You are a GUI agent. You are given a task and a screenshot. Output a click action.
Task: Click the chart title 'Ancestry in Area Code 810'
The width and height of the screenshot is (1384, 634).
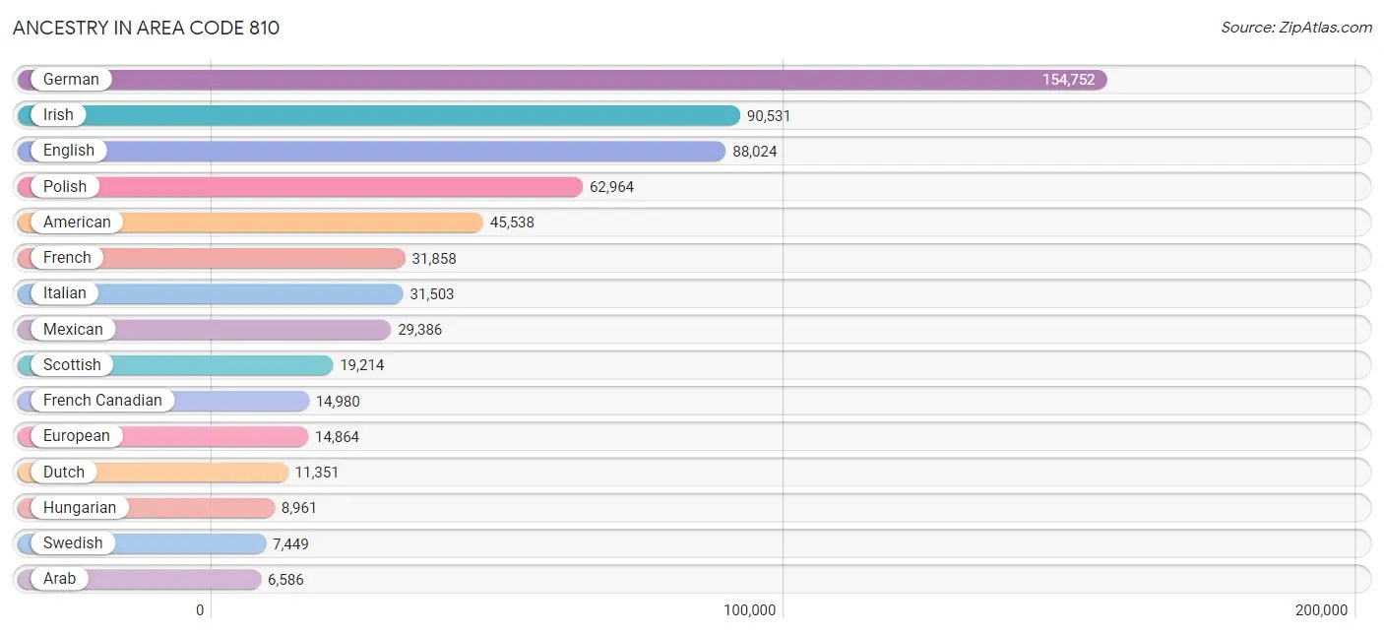pyautogui.click(x=146, y=28)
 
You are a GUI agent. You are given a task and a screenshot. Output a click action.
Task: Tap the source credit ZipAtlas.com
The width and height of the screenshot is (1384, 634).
pyautogui.click(x=1295, y=28)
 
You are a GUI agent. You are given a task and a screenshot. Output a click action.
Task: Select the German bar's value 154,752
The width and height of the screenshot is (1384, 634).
pyautogui.click(x=1068, y=80)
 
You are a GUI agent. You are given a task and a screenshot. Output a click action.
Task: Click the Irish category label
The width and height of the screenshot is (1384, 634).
pyautogui.click(x=58, y=115)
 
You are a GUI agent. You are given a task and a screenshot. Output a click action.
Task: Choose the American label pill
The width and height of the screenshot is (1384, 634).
pyautogui.click(x=77, y=222)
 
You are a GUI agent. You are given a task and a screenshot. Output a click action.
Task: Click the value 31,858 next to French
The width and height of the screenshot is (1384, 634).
pyautogui.click(x=434, y=259)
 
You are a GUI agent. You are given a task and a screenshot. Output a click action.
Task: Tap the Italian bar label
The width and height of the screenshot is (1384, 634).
pyautogui.click(x=65, y=293)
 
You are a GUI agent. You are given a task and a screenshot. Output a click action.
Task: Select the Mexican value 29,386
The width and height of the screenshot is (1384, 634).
pyautogui.click(x=420, y=330)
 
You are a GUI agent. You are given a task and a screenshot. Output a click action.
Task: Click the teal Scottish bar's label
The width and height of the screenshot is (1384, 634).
pyautogui.click(x=72, y=365)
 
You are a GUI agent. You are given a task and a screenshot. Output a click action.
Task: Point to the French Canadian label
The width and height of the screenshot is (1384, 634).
pyautogui.click(x=102, y=401)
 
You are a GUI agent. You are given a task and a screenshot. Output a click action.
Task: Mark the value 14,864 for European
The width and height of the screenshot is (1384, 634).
pyautogui.click(x=338, y=437)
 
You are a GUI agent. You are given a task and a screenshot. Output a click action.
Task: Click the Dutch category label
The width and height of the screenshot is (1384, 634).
pyautogui.click(x=64, y=473)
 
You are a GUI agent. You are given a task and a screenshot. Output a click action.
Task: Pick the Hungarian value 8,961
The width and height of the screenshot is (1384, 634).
pyautogui.click(x=299, y=508)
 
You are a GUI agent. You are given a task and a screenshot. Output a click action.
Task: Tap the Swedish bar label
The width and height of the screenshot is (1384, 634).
pyautogui.click(x=73, y=543)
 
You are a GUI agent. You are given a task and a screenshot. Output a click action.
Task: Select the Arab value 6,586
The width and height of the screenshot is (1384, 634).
pyautogui.click(x=285, y=580)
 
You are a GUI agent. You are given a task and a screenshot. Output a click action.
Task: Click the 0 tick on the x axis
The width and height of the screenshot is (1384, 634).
pyautogui.click(x=200, y=610)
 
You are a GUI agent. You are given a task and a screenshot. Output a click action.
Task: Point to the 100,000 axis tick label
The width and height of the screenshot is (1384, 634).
pyautogui.click(x=750, y=610)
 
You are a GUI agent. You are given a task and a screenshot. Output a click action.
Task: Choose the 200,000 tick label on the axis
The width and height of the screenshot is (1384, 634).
pyautogui.click(x=1322, y=610)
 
